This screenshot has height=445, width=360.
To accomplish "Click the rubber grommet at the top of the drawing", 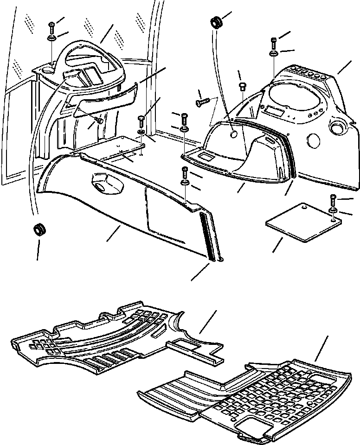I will point(216,22).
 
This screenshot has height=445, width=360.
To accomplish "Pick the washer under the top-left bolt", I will point(51,38).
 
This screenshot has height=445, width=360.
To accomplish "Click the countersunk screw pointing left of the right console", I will point(201,101).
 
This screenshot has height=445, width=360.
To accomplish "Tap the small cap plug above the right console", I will point(241,86).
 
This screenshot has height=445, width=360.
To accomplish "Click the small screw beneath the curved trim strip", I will point(98,121).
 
